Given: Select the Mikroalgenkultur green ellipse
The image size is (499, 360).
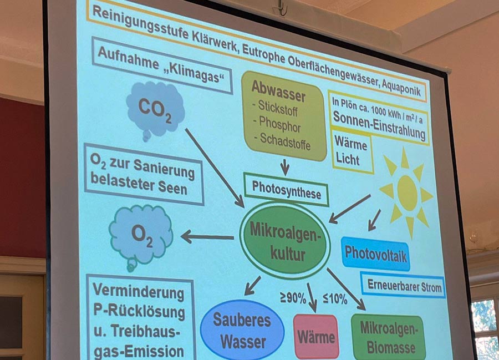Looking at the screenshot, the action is pos(285,241).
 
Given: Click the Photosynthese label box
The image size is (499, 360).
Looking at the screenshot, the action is pos(286,190).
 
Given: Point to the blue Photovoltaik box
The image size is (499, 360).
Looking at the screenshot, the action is pos(375,253).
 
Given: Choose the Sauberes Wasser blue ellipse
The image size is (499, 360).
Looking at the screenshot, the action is pos(242,330).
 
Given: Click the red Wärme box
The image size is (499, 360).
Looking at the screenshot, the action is pos(316,337).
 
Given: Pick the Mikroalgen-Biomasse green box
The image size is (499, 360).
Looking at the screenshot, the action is pos(388,337).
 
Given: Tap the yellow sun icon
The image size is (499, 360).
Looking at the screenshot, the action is pos(406,192).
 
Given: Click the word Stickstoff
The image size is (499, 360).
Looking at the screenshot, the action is pos(278,108).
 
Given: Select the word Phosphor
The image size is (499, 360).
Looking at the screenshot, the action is pos(279,124).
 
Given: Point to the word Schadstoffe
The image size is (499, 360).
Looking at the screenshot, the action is pos(285,141).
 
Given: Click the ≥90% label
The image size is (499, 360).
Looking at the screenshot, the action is pos(293,298).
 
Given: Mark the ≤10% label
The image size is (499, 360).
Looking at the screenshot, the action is pos(335,298).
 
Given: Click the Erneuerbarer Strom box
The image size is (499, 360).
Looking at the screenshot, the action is pos(403,285).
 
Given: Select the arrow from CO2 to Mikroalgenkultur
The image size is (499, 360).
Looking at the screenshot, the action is pos(215,168).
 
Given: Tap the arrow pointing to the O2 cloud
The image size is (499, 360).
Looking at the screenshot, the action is pos(207,237).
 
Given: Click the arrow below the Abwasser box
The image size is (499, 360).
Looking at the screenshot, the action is pos(285,166).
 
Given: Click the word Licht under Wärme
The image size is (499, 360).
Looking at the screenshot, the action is pos(348,159).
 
